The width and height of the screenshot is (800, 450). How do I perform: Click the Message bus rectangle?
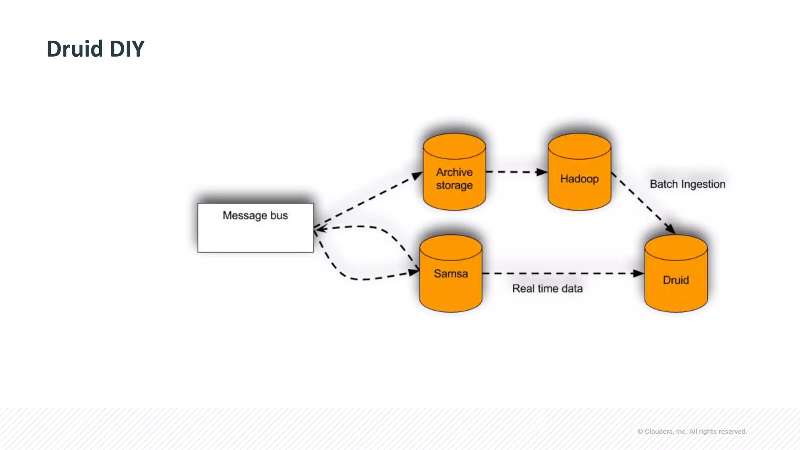point(255,234)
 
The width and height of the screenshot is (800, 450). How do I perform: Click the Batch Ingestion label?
point(687,184)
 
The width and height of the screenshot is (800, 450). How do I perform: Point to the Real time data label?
point(547,289)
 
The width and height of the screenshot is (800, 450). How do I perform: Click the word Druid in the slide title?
point(74,49)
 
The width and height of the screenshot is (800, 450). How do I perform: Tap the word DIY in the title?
point(127,49)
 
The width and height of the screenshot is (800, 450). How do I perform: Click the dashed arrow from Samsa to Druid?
point(559,273)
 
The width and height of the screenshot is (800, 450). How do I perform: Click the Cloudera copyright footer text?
point(692,431)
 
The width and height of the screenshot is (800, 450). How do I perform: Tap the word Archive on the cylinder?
point(454,172)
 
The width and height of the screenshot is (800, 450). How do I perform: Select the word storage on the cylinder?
point(454,185)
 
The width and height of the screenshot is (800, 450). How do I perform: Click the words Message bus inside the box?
point(255,215)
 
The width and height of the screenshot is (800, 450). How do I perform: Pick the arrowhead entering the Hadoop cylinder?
point(542,172)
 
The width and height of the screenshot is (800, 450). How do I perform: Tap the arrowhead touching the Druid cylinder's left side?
point(638,273)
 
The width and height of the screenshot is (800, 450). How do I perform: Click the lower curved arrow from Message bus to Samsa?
point(352,278)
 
